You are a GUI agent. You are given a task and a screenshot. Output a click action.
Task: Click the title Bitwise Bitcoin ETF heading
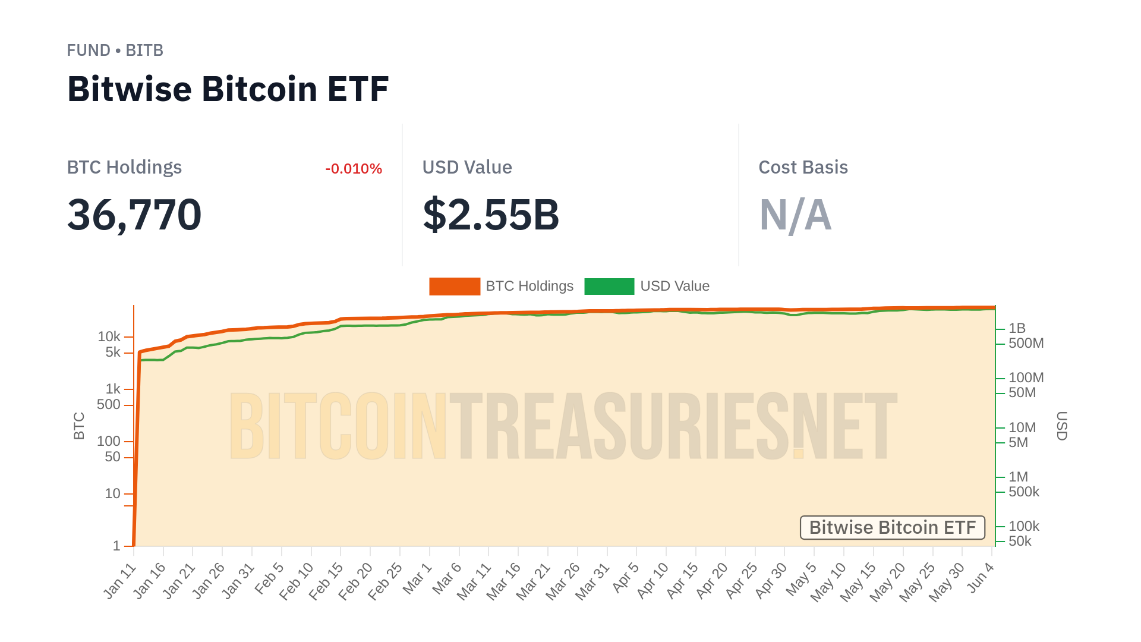pos(228,89)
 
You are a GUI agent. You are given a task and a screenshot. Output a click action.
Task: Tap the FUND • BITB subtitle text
pos(115,51)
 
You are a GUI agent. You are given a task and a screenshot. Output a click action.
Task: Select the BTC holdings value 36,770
pos(134,215)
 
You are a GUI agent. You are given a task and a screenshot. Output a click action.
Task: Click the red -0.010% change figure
pos(354,169)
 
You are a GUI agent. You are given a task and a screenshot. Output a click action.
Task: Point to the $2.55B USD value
pos(491,215)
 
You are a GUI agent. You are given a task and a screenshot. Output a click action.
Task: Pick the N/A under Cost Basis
pos(795,215)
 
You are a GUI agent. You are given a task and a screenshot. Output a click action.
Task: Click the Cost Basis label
pos(803,168)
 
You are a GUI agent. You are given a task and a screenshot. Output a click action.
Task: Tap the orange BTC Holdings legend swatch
pos(455,287)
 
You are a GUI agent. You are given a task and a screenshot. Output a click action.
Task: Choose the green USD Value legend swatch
pos(609,287)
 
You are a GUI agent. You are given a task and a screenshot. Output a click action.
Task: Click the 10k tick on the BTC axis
pos(109,337)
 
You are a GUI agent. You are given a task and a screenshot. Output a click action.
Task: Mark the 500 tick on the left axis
pos(109,405)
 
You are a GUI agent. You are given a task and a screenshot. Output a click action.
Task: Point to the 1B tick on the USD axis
pos(1017,328)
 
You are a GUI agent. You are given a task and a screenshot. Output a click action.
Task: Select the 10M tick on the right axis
pos(1022,427)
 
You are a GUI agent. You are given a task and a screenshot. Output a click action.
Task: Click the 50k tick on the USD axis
pos(1020,541)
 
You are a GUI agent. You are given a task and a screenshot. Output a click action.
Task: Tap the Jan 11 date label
pos(120,581)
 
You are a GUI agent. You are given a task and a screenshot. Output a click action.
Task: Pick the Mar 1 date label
pos(417,578)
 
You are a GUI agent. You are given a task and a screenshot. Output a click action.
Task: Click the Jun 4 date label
pos(981,577)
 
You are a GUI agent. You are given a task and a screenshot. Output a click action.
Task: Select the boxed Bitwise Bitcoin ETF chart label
pos(892,527)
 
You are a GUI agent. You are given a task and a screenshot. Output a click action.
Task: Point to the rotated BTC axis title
pos(79,426)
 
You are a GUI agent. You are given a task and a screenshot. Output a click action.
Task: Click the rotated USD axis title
pos(1061,426)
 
